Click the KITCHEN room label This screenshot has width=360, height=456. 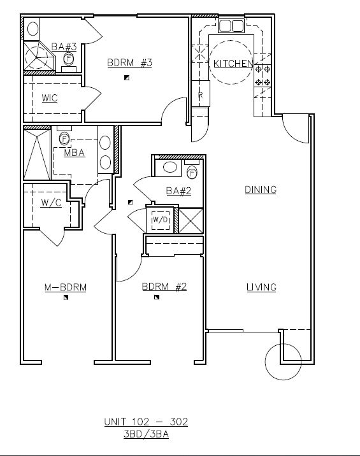coord(233,64)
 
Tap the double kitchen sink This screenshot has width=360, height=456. coord(231,26)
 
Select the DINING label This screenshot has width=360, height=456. coord(261,190)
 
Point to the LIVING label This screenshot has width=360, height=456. coord(261,287)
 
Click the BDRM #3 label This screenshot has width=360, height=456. coord(129,62)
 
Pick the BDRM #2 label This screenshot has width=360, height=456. coord(164,287)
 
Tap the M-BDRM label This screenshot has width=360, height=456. coord(66,287)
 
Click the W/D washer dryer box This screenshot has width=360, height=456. coord(161,220)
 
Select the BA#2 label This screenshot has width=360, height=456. coord(178,191)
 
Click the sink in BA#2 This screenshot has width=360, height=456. coord(170,167)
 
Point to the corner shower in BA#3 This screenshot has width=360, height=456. coord(39,56)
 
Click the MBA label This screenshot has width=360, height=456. coord(74,153)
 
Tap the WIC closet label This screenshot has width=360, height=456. coord(50,98)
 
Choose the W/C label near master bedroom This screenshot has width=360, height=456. coord(51,203)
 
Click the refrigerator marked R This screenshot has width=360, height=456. coord(200,94)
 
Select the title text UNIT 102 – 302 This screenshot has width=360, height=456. coord(146,422)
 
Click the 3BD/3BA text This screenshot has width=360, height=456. coord(146,434)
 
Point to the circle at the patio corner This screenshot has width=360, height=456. coord(283,344)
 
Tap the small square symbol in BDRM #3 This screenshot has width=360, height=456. coord(127,78)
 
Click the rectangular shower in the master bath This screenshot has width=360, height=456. coord(37,154)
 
